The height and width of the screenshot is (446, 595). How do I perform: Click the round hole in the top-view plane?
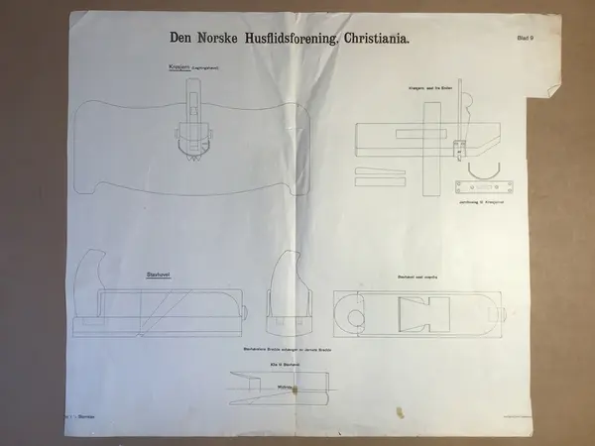click(x=355, y=317)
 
